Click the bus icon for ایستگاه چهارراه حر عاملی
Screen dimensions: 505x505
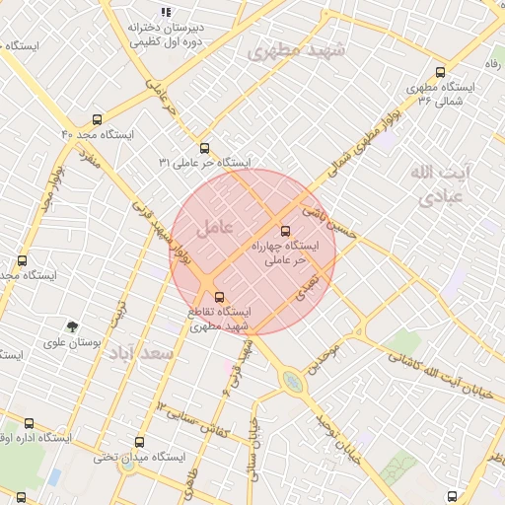pos(286,231)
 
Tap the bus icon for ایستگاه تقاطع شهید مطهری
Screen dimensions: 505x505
pos(218,297)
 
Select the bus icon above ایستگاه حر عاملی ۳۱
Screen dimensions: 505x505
pos(204,147)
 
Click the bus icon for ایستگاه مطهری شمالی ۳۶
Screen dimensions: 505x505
pos(440,72)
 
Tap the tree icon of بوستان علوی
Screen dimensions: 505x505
pos(72,325)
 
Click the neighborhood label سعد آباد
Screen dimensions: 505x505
pos(141,352)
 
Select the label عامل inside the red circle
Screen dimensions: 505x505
pos(214,228)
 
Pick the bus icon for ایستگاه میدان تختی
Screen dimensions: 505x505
pos(139,443)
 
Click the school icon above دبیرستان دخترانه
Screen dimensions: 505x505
pos(166,12)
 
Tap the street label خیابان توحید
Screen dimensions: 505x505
pos(335,438)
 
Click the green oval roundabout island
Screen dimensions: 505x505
pos(292,381)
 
